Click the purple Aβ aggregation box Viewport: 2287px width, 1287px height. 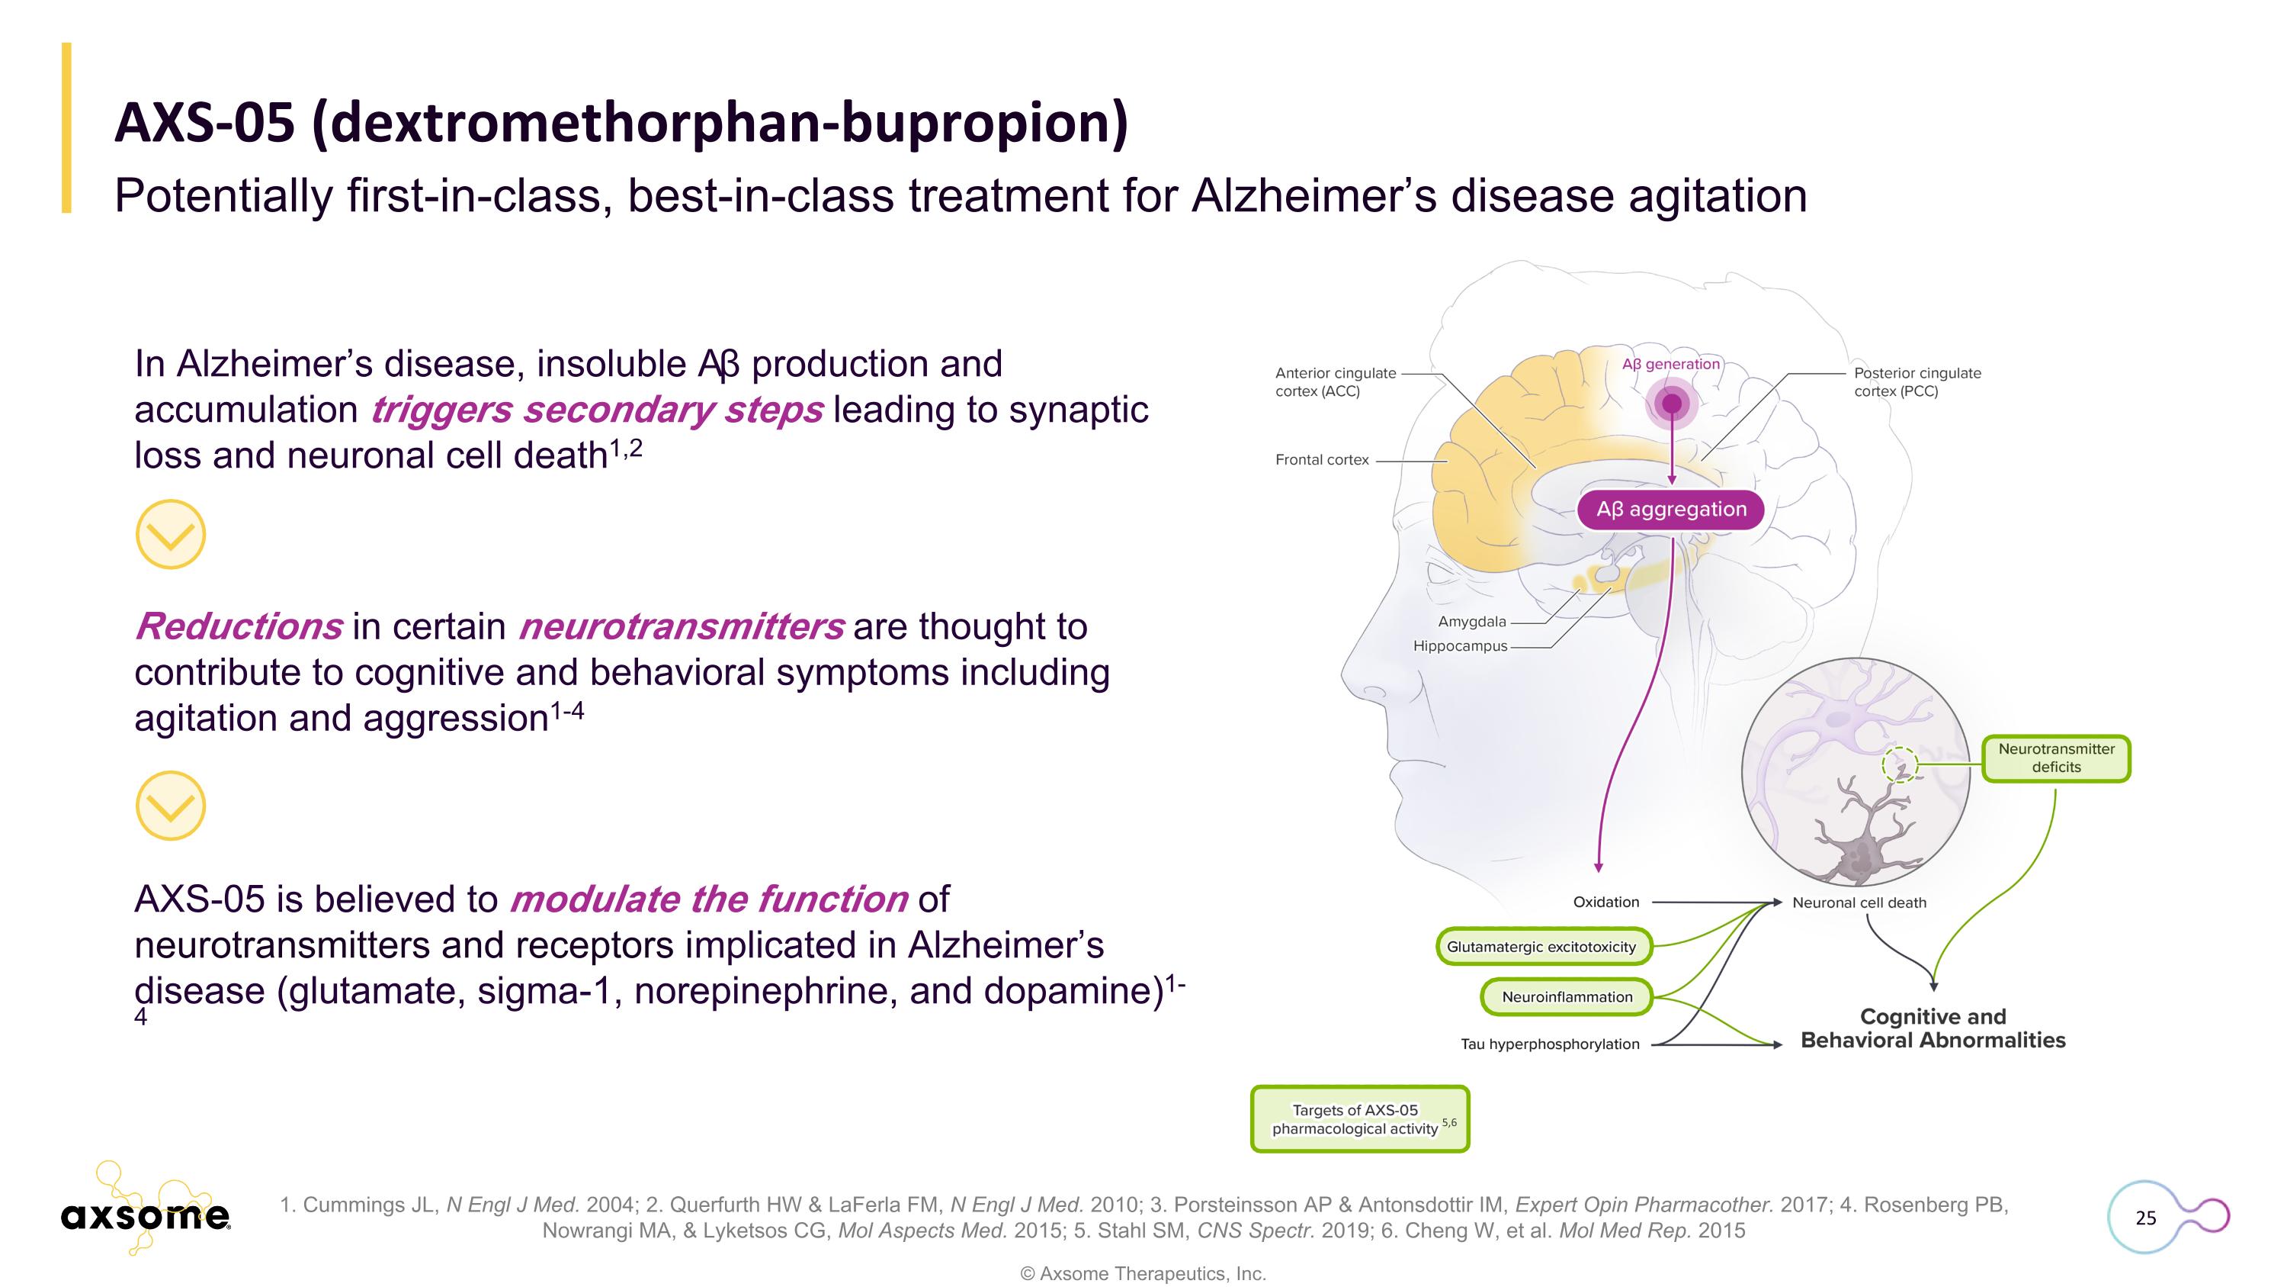pyautogui.click(x=1671, y=510)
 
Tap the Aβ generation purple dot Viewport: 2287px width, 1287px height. pyautogui.click(x=1672, y=404)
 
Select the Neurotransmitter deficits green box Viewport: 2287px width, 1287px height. pyautogui.click(x=2056, y=758)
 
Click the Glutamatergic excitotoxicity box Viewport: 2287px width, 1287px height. pyautogui.click(x=1541, y=947)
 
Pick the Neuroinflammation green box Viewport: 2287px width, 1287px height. pyautogui.click(x=1567, y=996)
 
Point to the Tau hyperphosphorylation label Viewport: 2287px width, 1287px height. pyautogui.click(x=1550, y=1044)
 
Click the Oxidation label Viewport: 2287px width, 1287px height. pyautogui.click(x=1606, y=903)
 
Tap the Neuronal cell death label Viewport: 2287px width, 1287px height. pyautogui.click(x=1859, y=903)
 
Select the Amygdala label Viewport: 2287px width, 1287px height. pyautogui.click(x=1472, y=622)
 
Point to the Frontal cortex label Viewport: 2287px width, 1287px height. pyautogui.click(x=1322, y=460)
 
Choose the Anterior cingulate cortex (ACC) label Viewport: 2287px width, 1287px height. pyautogui.click(x=1336, y=382)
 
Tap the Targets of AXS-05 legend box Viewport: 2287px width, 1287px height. pyautogui.click(x=1359, y=1119)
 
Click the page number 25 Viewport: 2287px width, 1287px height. pyautogui.click(x=2146, y=1218)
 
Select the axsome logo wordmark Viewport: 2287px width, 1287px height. pyautogui.click(x=146, y=1216)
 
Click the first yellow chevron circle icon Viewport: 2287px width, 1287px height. pyautogui.click(x=171, y=535)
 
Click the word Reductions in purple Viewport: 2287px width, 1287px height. pyautogui.click(x=238, y=627)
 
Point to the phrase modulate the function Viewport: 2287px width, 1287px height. pyautogui.click(x=708, y=899)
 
